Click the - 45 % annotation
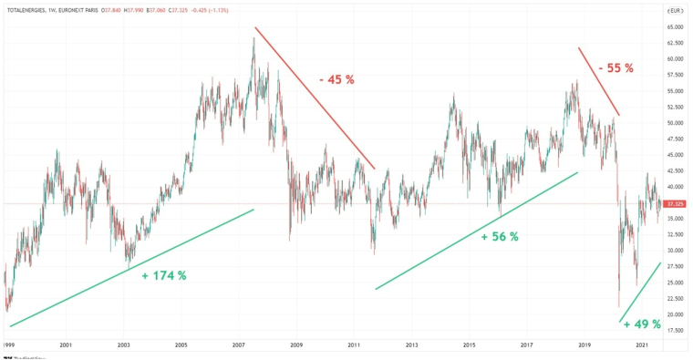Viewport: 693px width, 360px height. point(336,80)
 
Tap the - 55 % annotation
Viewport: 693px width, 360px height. point(615,68)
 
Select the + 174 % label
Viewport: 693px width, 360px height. point(164,275)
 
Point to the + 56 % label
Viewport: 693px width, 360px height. point(500,237)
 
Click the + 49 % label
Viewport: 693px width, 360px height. point(642,324)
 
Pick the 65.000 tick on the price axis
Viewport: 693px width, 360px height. point(675,27)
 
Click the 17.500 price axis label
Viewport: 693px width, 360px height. point(675,330)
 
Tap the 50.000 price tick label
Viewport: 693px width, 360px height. point(675,123)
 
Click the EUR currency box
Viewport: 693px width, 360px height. point(675,10)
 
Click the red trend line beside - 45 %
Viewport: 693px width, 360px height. point(315,98)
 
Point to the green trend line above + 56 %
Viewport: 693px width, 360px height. point(477,231)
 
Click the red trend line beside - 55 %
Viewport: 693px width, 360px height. point(599,82)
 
